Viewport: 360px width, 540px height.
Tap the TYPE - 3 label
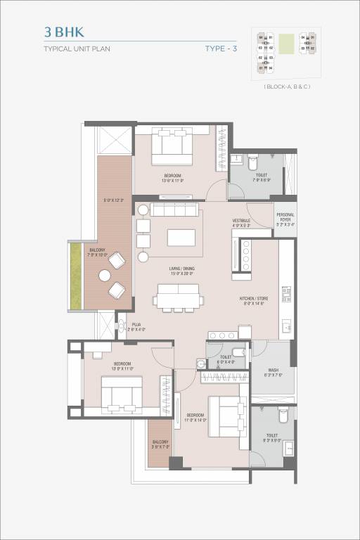point(221,49)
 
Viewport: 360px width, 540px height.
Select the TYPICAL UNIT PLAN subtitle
point(77,49)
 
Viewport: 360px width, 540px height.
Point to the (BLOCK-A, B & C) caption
point(287,86)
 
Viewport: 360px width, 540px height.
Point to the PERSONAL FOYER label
point(285,217)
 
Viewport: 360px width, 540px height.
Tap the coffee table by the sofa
point(181,238)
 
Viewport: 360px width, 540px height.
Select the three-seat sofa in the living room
point(177,210)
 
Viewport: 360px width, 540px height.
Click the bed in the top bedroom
point(173,146)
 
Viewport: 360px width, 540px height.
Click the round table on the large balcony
point(105,276)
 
